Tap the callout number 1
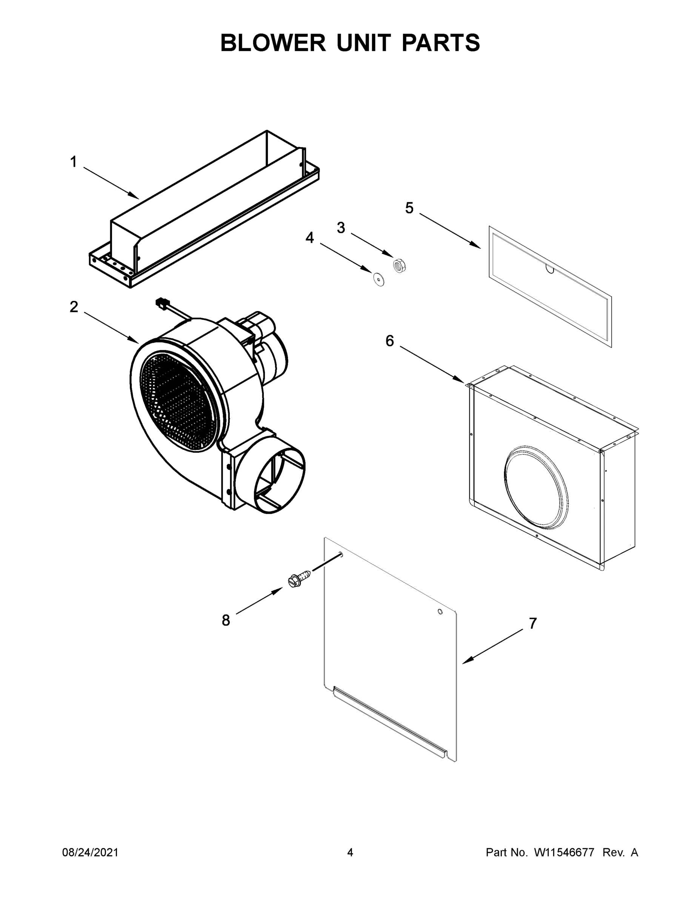click(x=74, y=162)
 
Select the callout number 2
click(x=74, y=307)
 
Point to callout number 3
click(x=341, y=228)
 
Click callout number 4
click(x=309, y=238)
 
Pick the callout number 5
click(x=409, y=208)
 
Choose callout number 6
click(x=390, y=341)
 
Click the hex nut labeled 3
click(x=399, y=264)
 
